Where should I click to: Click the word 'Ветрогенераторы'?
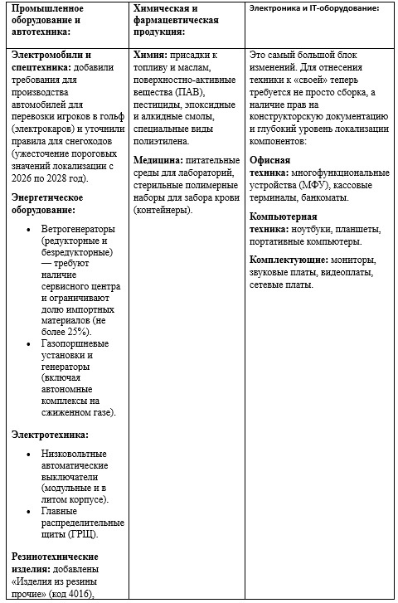[x=79, y=228]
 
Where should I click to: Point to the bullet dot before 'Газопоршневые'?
[x=32, y=343]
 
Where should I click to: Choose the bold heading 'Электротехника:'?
[x=50, y=434]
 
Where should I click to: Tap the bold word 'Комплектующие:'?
[x=289, y=260]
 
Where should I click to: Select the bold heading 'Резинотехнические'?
[x=55, y=555]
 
